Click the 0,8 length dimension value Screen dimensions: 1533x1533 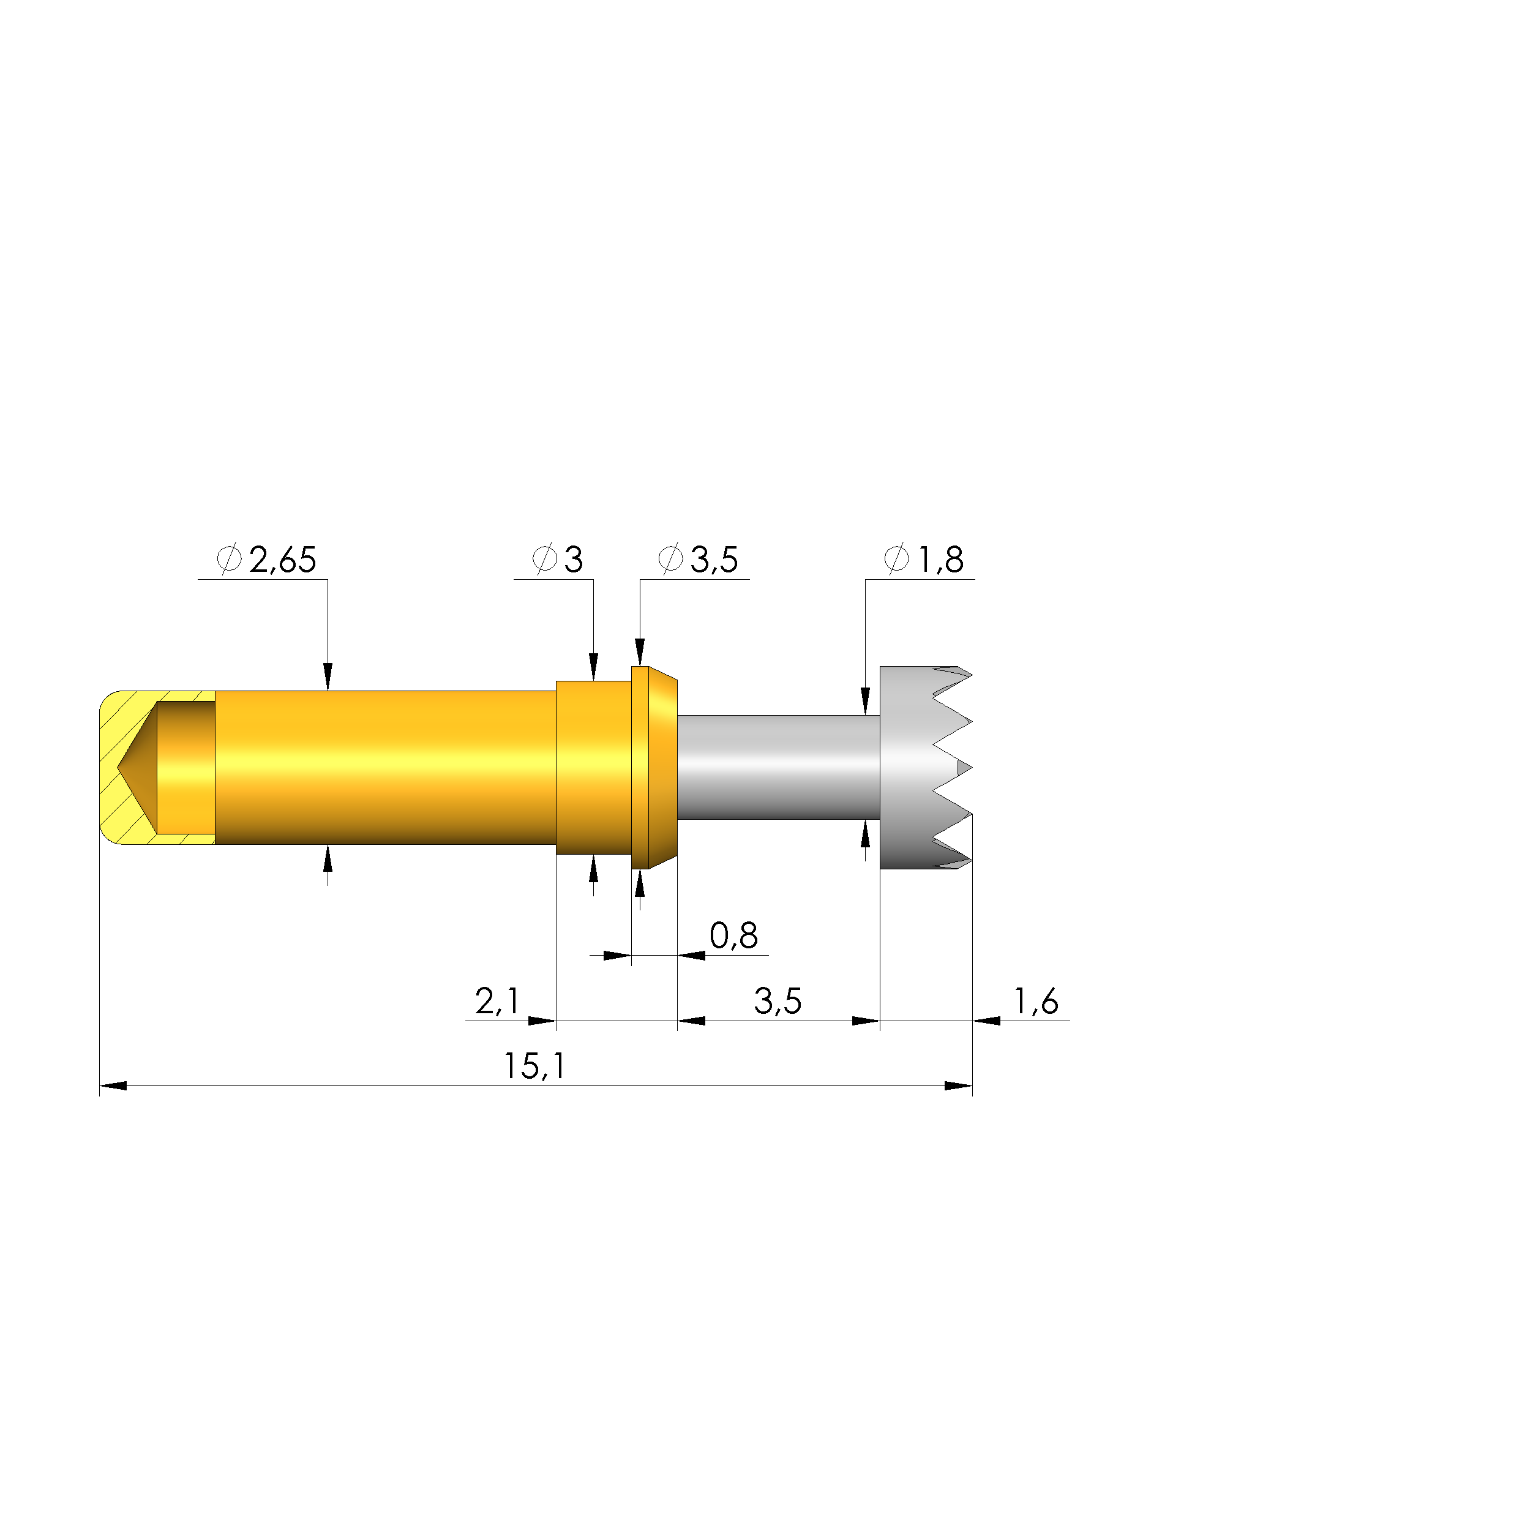[x=734, y=936]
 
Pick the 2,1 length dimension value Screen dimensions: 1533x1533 [x=498, y=1002]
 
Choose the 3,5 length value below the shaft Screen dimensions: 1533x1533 [x=778, y=1002]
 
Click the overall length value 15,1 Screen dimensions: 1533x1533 [x=535, y=1066]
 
